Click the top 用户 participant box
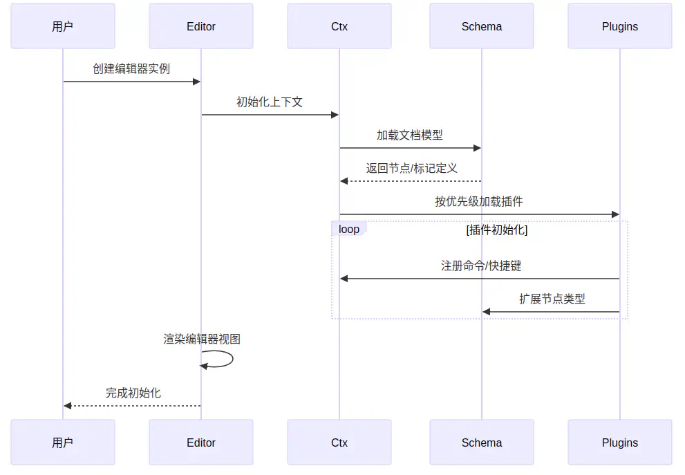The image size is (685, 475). point(62,26)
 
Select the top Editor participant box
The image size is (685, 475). point(201,26)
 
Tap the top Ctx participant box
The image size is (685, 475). point(339,26)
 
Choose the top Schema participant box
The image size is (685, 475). point(482,26)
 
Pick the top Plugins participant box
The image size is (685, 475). point(620,26)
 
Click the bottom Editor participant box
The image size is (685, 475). point(201,443)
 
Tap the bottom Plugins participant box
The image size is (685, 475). point(620,443)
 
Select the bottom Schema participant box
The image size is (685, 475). point(482,443)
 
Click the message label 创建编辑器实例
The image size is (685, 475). point(131,68)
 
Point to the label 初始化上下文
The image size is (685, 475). point(270,102)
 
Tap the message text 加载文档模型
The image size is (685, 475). point(410,135)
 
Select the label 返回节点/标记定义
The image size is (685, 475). point(412,168)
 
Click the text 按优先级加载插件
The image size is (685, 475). point(479,201)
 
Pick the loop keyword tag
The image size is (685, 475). point(349,229)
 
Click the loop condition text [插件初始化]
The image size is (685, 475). point(497,230)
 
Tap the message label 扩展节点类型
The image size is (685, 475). point(552,299)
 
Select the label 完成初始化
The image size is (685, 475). point(133,393)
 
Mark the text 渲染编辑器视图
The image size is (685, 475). point(202,339)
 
